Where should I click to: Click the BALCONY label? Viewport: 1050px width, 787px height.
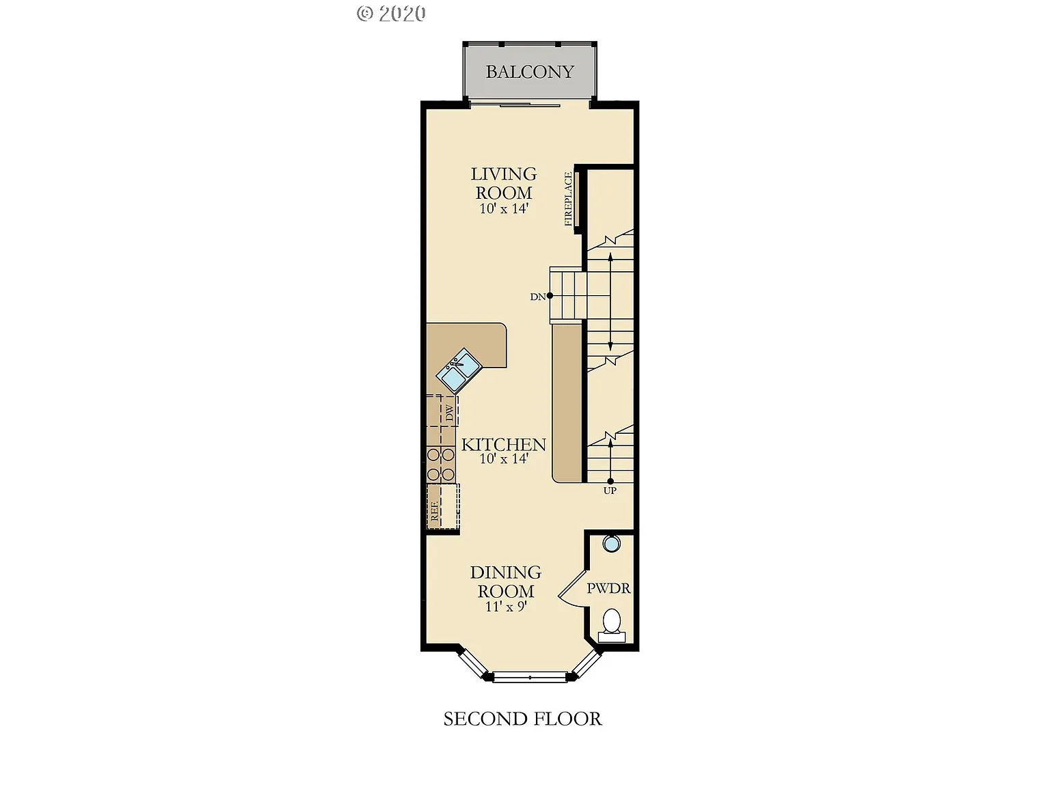coord(530,72)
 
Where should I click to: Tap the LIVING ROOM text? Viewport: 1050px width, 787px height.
coord(504,183)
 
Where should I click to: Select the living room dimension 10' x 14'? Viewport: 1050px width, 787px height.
coord(504,209)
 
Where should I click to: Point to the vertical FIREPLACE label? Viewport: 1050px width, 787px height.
coord(568,199)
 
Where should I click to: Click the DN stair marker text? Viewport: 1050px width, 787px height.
coord(538,296)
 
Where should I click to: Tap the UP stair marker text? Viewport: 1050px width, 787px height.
coord(610,491)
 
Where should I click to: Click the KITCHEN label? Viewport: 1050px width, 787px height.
coord(504,445)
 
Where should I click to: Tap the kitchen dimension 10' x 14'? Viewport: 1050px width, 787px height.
coord(504,459)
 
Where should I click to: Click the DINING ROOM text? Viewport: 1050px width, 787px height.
coord(506,581)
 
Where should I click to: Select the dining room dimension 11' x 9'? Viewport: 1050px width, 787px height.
coord(506,607)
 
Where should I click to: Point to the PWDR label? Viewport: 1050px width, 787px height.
coord(608,588)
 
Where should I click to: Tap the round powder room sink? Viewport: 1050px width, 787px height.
coord(611,544)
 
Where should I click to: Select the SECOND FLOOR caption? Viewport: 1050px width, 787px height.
coord(523,719)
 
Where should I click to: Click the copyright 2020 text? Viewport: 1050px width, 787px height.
coord(391,13)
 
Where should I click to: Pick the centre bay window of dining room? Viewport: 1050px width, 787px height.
coord(530,677)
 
